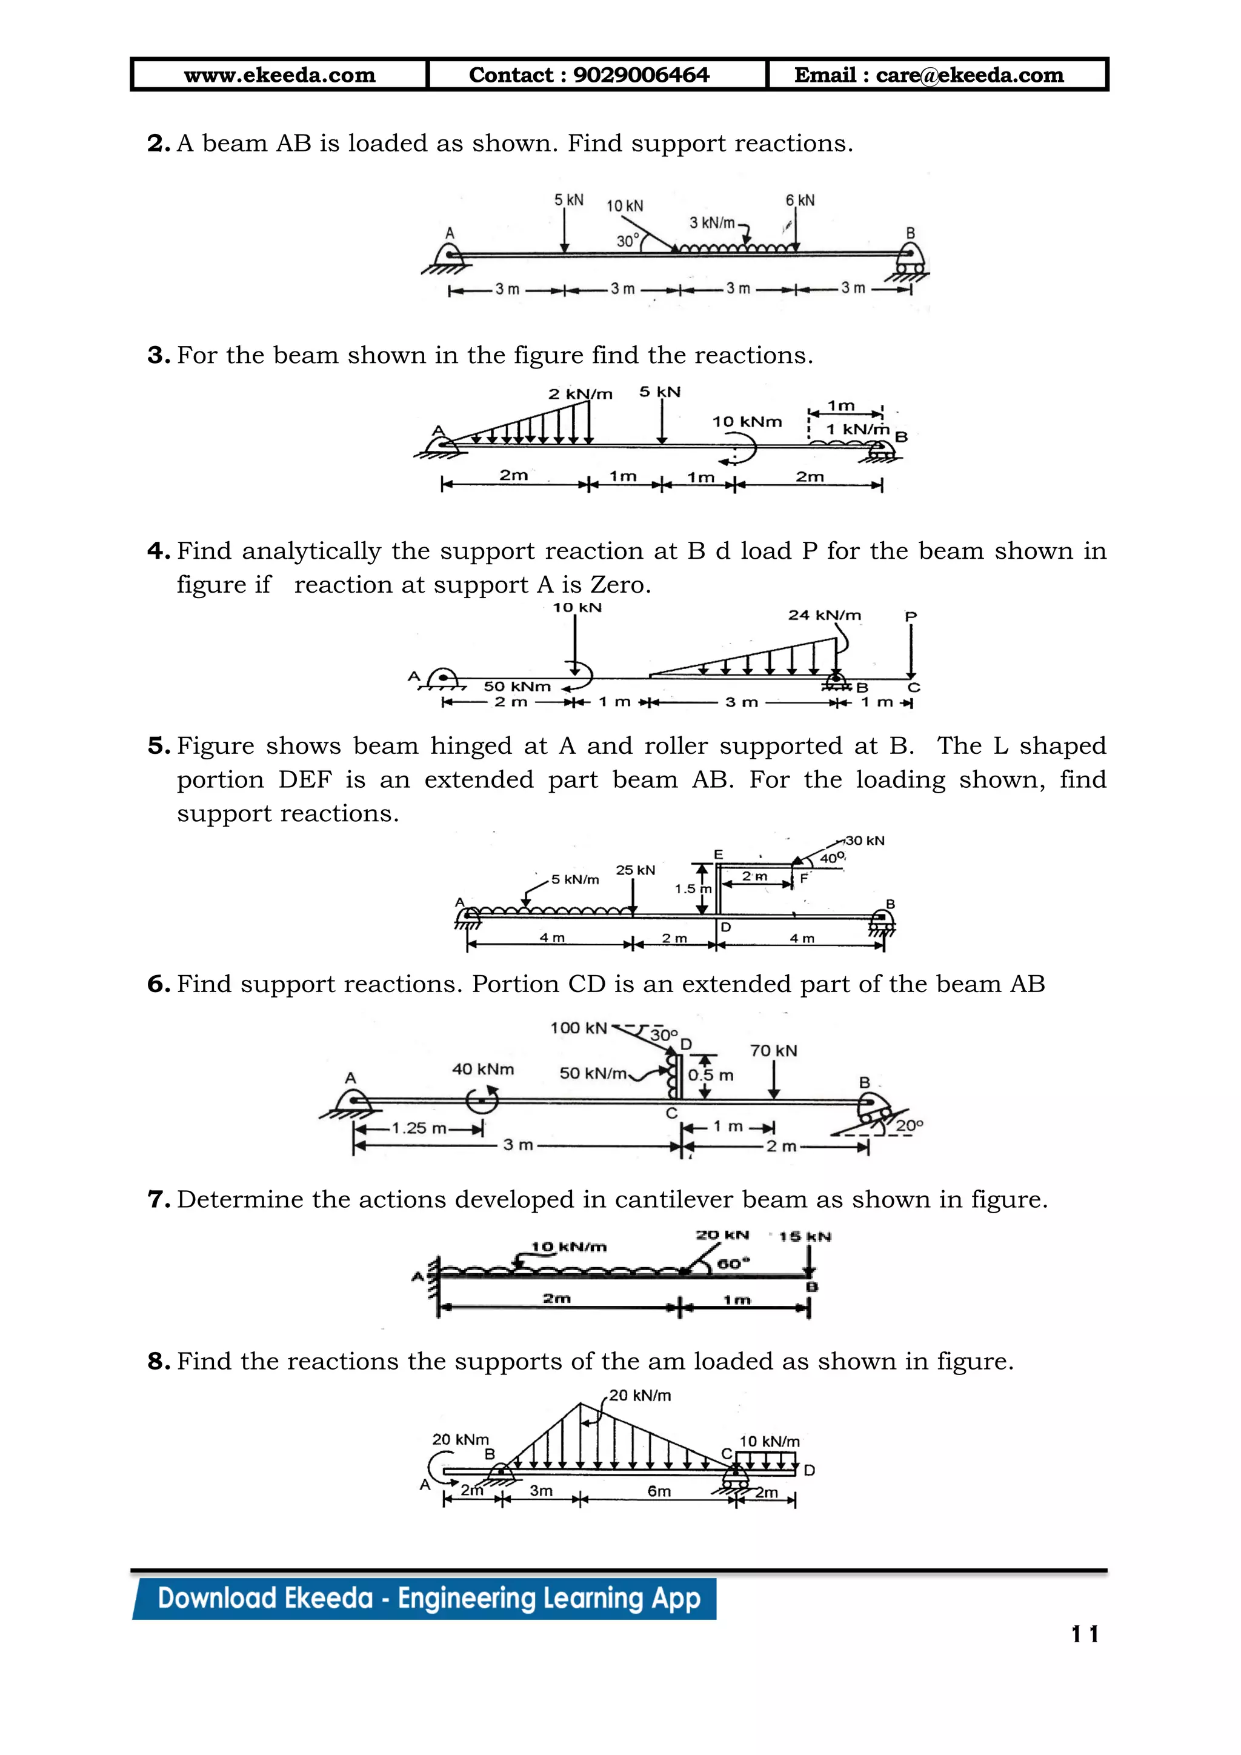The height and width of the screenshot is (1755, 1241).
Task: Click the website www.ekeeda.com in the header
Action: (x=280, y=75)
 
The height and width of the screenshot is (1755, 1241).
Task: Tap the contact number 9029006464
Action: (x=640, y=75)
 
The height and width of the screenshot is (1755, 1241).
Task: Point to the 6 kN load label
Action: (x=800, y=200)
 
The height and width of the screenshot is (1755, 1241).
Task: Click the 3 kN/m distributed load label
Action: (x=711, y=223)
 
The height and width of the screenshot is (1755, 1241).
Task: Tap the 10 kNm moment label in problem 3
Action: (x=747, y=422)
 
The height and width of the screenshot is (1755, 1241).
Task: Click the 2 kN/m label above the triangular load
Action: (x=580, y=395)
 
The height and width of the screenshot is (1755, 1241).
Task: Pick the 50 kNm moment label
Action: (x=516, y=687)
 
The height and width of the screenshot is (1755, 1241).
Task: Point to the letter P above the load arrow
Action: (x=910, y=616)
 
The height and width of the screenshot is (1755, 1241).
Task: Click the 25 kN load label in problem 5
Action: (x=635, y=870)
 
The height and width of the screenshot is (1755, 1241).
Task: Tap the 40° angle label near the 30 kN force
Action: (x=832, y=858)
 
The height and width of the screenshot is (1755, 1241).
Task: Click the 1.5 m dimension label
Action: (x=693, y=889)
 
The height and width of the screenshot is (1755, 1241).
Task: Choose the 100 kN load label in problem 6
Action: (x=579, y=1028)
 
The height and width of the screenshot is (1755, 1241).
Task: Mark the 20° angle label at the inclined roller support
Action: (x=910, y=1126)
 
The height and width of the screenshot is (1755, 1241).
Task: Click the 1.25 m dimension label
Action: (x=419, y=1128)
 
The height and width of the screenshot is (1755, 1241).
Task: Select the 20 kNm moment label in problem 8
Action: (x=460, y=1439)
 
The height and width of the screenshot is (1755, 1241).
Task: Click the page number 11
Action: (x=1084, y=1634)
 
